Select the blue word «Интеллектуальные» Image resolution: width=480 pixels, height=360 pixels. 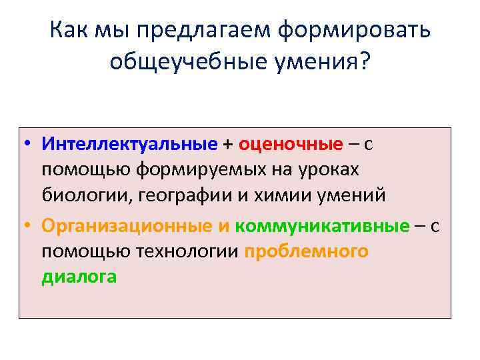click(129, 144)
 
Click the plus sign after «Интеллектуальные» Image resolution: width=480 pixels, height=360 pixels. click(228, 144)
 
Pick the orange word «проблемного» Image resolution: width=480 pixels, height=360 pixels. click(306, 252)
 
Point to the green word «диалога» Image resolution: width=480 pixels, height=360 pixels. click(79, 277)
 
